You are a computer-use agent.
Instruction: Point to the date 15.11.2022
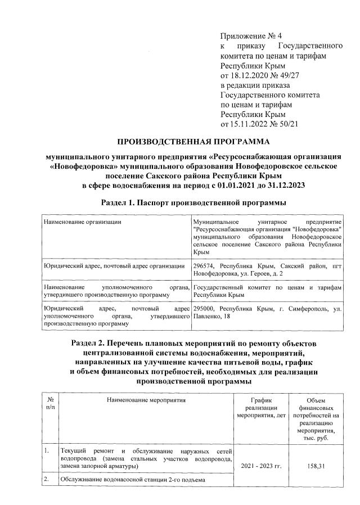point(253,124)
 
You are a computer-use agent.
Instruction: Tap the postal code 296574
point(205,265)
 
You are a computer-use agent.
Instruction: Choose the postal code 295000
point(205,309)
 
